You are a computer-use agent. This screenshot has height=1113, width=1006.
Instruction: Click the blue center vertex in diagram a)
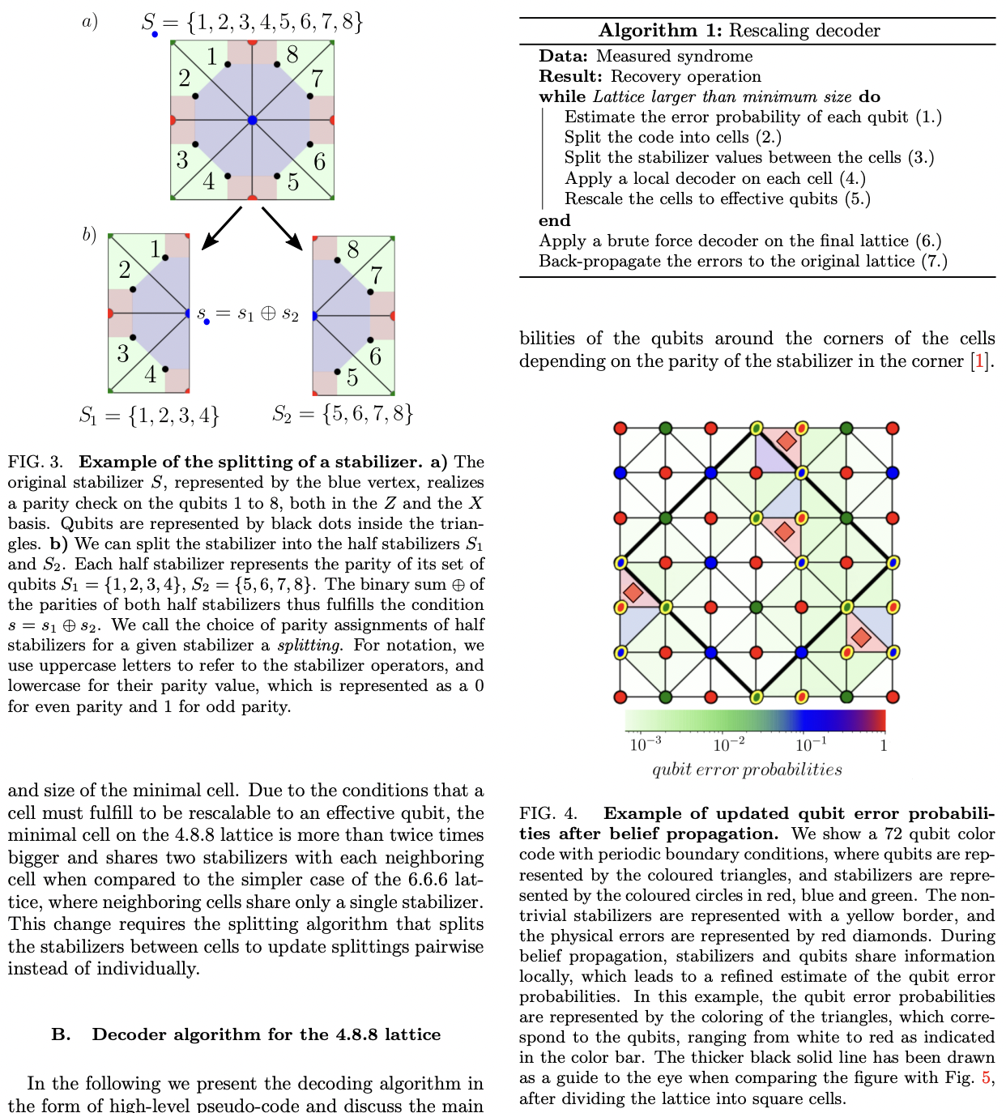[252, 120]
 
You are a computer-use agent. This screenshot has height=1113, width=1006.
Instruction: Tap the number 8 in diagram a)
[292, 55]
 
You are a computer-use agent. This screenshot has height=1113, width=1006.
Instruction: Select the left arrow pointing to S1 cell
[221, 228]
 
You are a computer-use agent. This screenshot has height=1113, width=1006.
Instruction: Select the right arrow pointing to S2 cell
[282, 228]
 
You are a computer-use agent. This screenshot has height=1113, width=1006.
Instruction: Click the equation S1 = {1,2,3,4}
[149, 416]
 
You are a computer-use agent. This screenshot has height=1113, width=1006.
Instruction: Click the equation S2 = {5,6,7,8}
[343, 414]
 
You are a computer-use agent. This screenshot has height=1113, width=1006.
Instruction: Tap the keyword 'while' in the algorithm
[563, 96]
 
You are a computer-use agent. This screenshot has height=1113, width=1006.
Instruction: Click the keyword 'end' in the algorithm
[555, 220]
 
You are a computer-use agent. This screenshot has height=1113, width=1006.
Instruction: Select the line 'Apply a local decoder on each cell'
[714, 178]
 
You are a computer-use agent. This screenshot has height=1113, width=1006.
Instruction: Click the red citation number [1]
[980, 361]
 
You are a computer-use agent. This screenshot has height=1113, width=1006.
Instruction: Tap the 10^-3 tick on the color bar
[645, 744]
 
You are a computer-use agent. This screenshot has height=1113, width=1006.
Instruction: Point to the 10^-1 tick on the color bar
[811, 744]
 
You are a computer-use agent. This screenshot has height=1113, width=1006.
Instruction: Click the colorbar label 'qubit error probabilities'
[747, 770]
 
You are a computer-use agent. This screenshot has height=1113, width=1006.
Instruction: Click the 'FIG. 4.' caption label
[548, 813]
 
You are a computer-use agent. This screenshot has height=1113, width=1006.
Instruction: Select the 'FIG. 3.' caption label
[36, 462]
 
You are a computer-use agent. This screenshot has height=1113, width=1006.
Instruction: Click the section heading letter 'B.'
[62, 1034]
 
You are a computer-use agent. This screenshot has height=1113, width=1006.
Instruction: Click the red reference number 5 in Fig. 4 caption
[986, 1078]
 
